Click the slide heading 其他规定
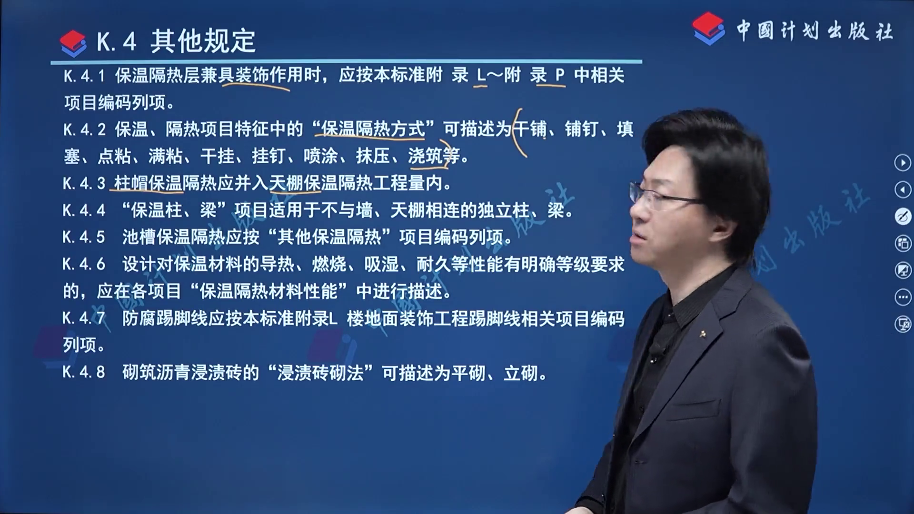click(203, 41)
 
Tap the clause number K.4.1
click(84, 76)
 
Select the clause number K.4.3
click(84, 183)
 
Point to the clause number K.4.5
click(84, 237)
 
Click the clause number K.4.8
click(84, 372)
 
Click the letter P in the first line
click(560, 75)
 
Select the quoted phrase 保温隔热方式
click(373, 129)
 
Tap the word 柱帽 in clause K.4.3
click(131, 183)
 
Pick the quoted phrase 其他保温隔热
click(329, 237)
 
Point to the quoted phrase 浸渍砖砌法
click(320, 373)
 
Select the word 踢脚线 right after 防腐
click(182, 318)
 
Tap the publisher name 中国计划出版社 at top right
click(815, 31)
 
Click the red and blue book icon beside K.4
click(73, 43)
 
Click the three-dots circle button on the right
click(903, 297)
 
